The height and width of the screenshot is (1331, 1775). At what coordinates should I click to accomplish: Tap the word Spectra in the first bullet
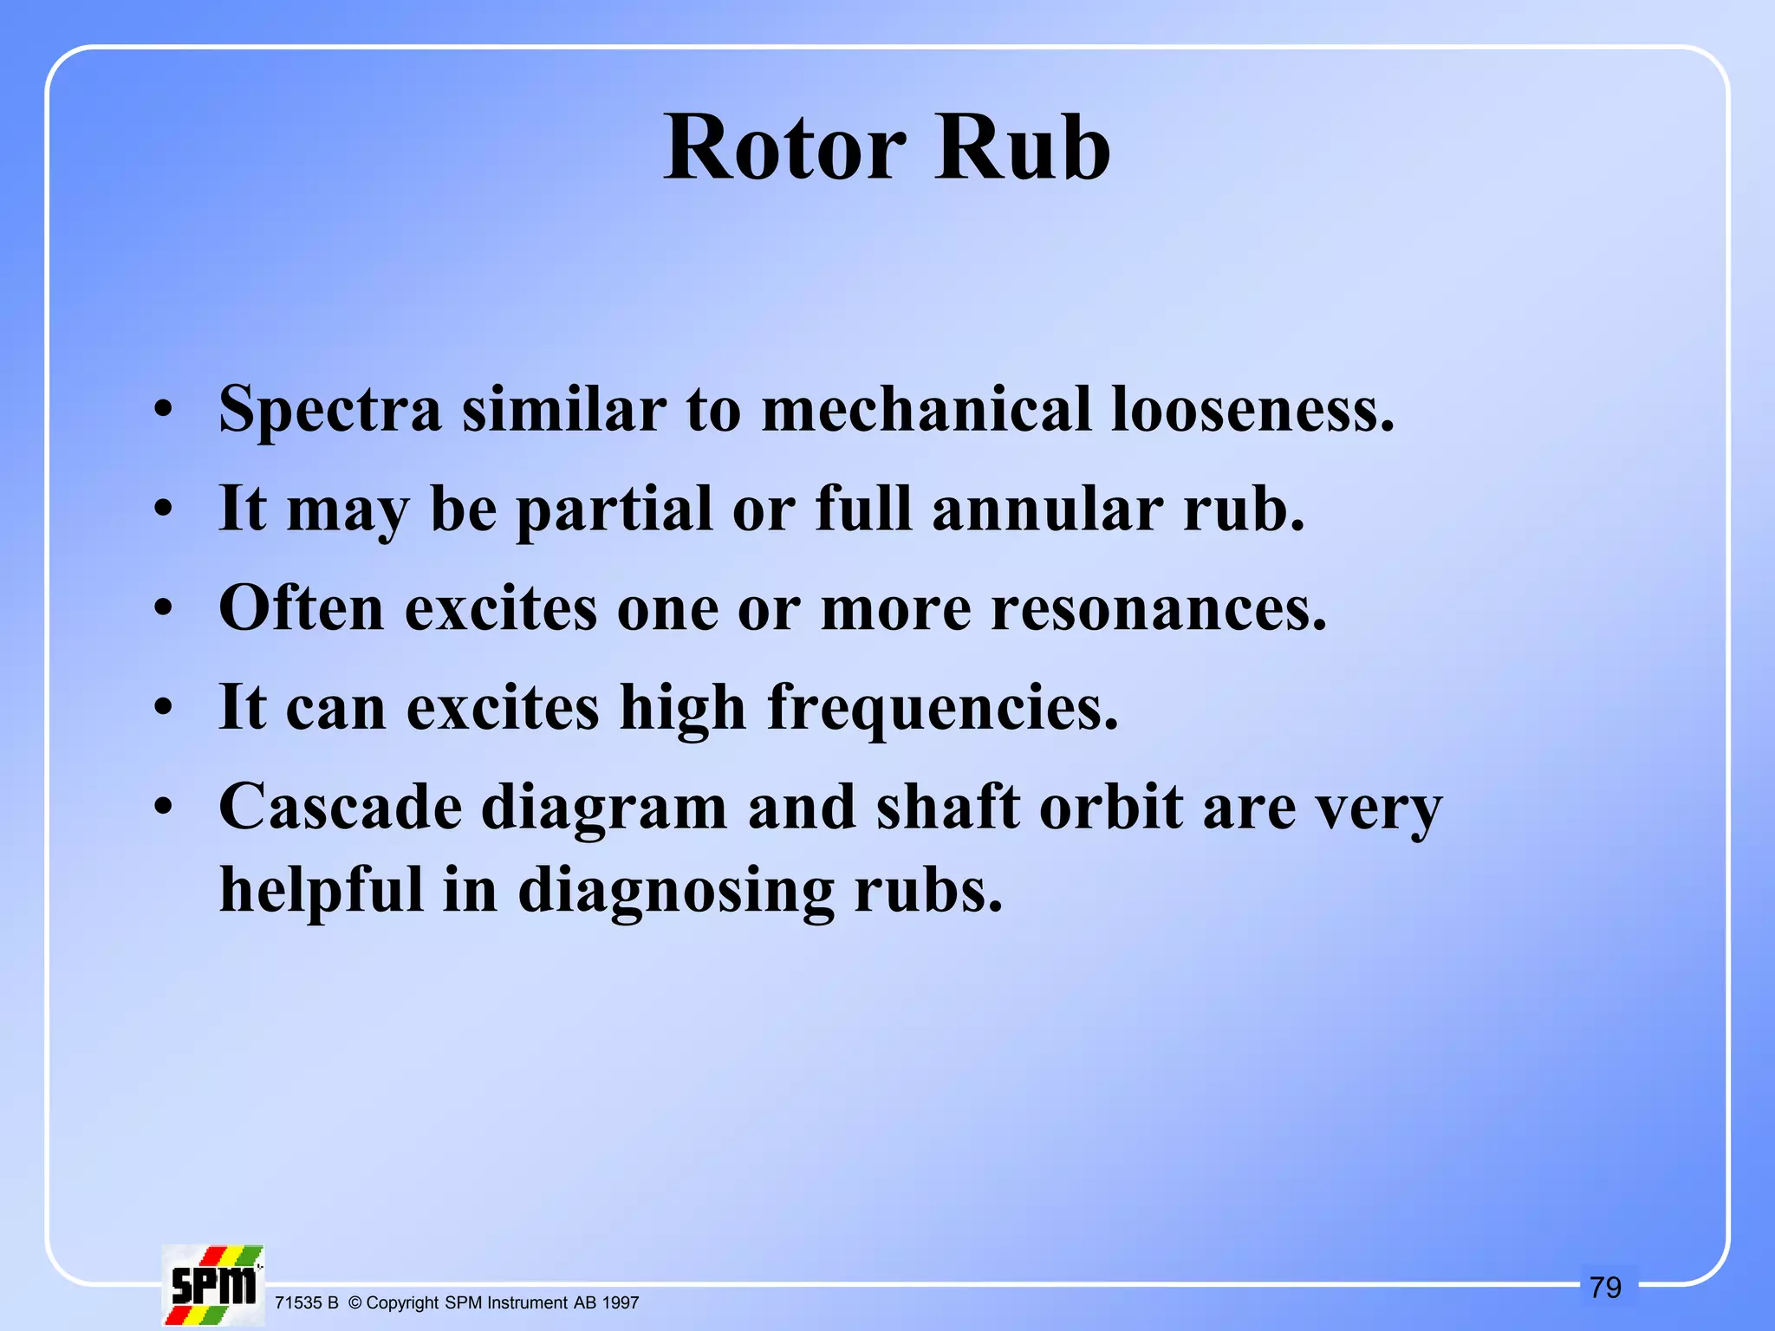pos(330,409)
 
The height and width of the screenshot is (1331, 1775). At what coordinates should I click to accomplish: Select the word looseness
pos(1252,409)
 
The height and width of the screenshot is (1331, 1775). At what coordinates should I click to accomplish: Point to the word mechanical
pos(926,409)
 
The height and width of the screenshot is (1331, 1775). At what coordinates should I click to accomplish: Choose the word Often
pos(302,607)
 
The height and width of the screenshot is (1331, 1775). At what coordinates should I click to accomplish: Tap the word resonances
pos(1159,609)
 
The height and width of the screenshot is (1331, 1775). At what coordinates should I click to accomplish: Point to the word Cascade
pos(340,807)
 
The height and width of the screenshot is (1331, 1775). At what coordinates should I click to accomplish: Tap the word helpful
pos(322,891)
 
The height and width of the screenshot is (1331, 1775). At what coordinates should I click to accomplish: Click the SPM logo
pos(213,1285)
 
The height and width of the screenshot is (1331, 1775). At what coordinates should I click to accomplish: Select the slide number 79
pos(1605,1288)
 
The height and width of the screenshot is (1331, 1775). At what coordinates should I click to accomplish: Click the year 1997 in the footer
pos(620,1302)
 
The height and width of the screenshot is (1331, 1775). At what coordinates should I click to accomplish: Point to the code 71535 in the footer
pos(298,1302)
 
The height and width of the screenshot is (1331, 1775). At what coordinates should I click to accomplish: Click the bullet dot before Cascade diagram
pos(164,808)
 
